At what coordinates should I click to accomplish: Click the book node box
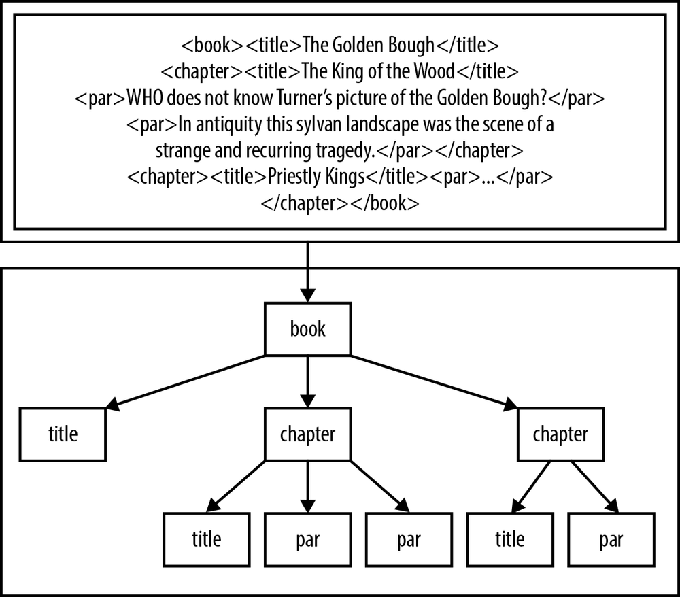[307, 330]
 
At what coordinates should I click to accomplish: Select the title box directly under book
[63, 434]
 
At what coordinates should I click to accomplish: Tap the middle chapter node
[307, 434]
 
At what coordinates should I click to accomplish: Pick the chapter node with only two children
[560, 434]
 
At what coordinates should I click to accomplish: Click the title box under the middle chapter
[206, 539]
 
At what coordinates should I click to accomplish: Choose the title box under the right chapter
[509, 539]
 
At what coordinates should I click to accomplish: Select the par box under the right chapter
[611, 539]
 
